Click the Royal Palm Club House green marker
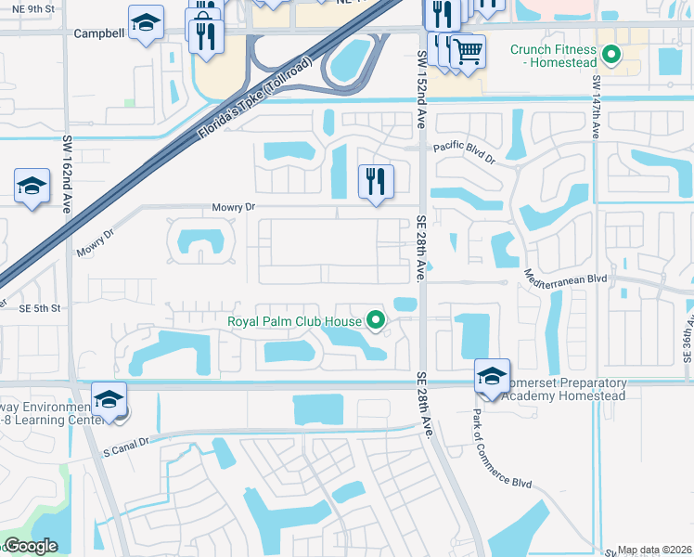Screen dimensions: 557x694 click(376, 322)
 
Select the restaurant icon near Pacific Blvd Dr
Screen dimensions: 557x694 click(377, 180)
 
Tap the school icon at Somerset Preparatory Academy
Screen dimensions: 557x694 click(492, 376)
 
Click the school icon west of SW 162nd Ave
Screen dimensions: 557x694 click(32, 187)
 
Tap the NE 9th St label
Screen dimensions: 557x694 click(29, 8)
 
